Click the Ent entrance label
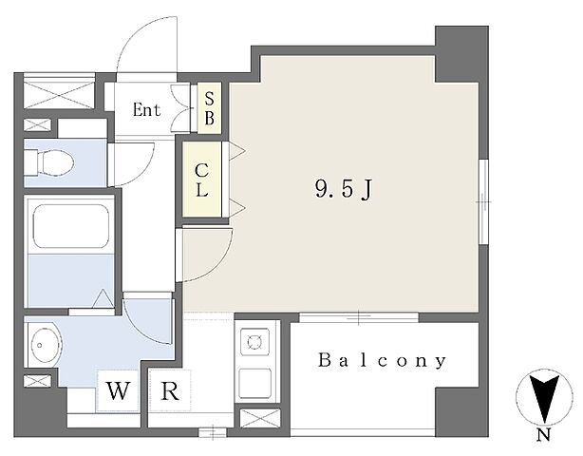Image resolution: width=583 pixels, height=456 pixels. (147, 109)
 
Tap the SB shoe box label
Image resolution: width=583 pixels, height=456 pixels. (209, 108)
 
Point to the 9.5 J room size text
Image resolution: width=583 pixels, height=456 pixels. (344, 189)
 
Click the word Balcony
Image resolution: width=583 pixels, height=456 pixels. (383, 360)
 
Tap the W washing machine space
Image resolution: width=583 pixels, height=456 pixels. (119, 390)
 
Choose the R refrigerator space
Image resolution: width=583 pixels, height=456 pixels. (170, 390)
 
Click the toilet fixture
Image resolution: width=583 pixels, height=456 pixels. (49, 162)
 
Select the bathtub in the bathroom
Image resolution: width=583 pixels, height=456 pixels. (71, 226)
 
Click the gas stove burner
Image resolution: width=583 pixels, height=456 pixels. (255, 341)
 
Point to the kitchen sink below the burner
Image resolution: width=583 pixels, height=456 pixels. (255, 383)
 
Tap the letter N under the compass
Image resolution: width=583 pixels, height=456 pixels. (544, 435)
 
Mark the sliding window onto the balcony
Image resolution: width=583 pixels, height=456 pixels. (359, 317)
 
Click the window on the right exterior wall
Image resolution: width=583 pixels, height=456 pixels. (483, 201)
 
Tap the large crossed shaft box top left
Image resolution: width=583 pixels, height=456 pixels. (59, 91)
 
